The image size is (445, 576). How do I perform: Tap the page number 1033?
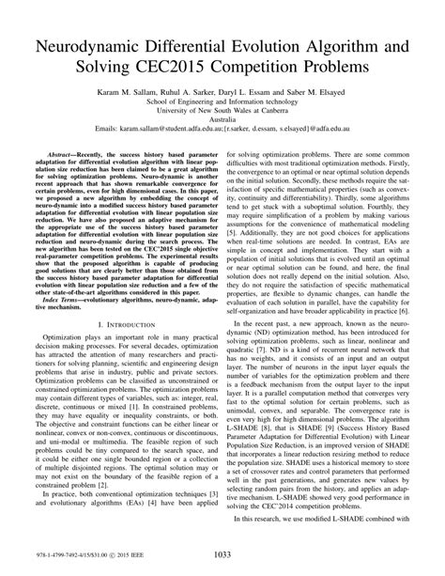click(x=222, y=555)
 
